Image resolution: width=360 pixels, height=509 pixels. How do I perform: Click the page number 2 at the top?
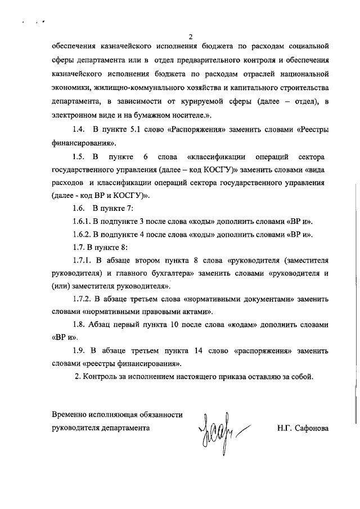tap(191, 37)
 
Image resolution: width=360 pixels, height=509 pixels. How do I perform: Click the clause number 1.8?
tap(79, 325)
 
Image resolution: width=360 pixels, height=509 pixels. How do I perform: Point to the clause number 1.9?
tap(79, 352)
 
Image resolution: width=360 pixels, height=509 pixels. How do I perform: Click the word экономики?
tap(70, 88)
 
